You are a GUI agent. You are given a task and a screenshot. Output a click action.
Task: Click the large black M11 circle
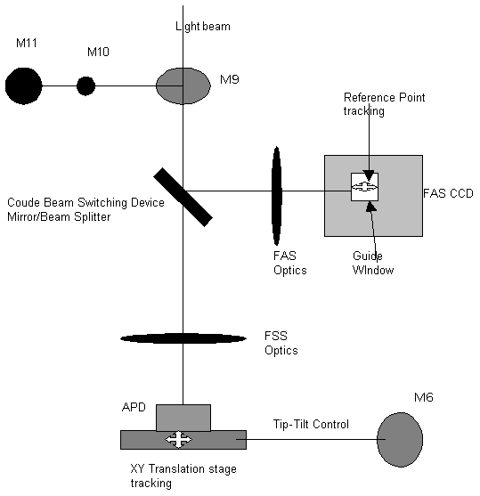coord(24,85)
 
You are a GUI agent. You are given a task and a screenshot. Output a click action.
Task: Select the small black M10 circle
coord(85,85)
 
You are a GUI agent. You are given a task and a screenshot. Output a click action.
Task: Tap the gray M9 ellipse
coord(183,85)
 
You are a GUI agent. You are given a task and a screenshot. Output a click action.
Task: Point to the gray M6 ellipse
coord(400,439)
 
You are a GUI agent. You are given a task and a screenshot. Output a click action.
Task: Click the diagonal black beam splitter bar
coord(183,197)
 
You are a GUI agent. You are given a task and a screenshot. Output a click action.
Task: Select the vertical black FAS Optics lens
coord(277,196)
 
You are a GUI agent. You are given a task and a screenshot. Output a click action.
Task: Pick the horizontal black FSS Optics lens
coord(183,338)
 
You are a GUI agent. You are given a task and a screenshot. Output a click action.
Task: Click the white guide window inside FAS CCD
coord(364,187)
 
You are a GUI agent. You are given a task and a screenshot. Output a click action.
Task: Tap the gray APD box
coord(183,418)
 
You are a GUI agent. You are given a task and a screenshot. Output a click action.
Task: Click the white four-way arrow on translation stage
coord(178,439)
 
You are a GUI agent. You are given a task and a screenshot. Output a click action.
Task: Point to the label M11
coord(27,43)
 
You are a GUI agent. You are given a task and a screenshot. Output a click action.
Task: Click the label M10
coord(98,52)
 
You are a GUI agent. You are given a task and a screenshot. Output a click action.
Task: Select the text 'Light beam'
coord(203,26)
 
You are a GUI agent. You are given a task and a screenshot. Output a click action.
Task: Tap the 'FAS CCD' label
coord(448,193)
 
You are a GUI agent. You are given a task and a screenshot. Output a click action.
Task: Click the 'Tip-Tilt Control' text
coord(311,424)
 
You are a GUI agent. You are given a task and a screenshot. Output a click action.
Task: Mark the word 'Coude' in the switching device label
coord(24,202)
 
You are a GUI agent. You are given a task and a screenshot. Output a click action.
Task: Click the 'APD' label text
coord(134,407)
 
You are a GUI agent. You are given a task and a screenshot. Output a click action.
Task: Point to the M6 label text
coord(424,397)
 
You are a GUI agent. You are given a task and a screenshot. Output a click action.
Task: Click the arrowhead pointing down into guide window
coord(369,175)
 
